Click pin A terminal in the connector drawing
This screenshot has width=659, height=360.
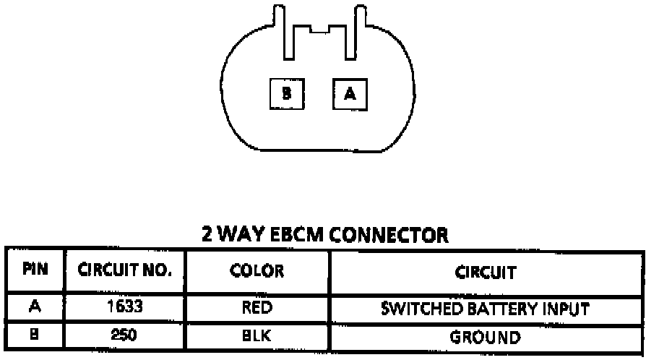350,93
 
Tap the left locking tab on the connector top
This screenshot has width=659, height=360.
285,32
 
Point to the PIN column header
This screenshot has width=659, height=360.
35,272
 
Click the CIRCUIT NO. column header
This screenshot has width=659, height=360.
126,272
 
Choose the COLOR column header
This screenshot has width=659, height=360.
257,272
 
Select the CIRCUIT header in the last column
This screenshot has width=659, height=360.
485,273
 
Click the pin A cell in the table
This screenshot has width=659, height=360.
35,307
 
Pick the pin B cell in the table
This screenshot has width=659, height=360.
35,336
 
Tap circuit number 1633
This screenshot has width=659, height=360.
126,307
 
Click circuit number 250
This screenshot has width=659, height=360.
125,336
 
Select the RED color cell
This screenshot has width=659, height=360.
257,308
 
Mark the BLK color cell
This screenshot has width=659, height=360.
257,337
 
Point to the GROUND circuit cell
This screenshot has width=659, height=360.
485,337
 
